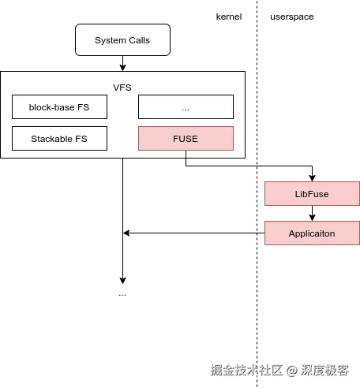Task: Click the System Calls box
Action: (122, 40)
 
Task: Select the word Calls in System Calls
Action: (138, 40)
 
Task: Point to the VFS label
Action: (122, 87)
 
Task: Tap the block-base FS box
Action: (59, 106)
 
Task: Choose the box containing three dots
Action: (186, 106)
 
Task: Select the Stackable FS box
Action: (59, 139)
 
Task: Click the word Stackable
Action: (52, 139)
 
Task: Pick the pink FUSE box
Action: (186, 139)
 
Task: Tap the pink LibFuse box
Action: (312, 194)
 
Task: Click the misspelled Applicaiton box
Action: (312, 233)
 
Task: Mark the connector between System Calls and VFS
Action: (122, 63)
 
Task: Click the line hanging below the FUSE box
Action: (186, 154)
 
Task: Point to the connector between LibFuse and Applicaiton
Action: (312, 214)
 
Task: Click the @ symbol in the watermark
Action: (291, 369)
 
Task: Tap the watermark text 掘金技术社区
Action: (246, 369)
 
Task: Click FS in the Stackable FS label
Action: (80, 139)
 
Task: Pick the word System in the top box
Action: (110, 40)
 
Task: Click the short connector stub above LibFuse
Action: (312, 179)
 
